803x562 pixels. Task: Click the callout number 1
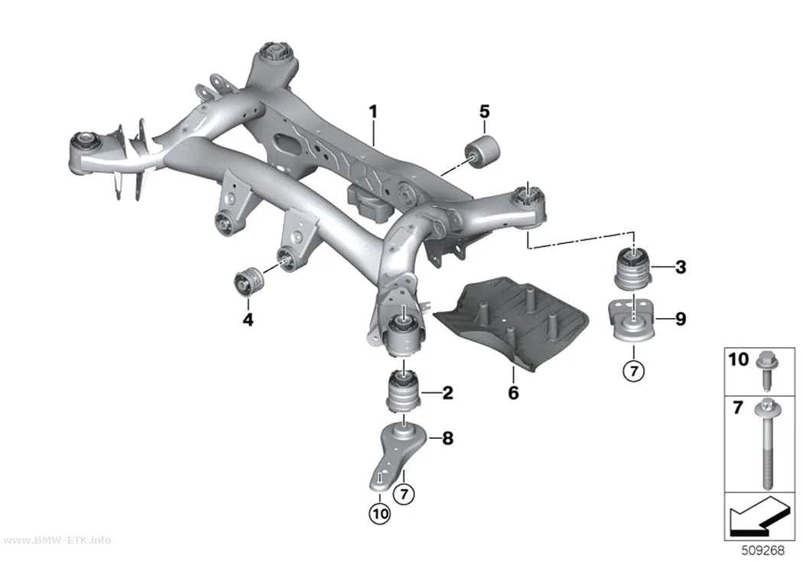coord(373,112)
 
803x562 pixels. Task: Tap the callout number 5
coord(484,112)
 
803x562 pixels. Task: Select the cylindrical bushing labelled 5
coord(483,151)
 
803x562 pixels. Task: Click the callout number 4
coord(248,320)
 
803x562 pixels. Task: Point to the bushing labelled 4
coord(249,281)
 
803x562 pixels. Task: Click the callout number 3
coord(681,267)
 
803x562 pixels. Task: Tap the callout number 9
coord(681,319)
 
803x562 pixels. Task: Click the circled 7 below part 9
coord(634,369)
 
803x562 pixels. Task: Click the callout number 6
coord(513,392)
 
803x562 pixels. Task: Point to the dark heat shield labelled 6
coord(511,320)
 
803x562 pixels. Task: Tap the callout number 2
coord(447,393)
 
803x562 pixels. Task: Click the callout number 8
coord(447,438)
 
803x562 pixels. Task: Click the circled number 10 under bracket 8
coord(379,513)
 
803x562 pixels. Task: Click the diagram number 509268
coord(763,551)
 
